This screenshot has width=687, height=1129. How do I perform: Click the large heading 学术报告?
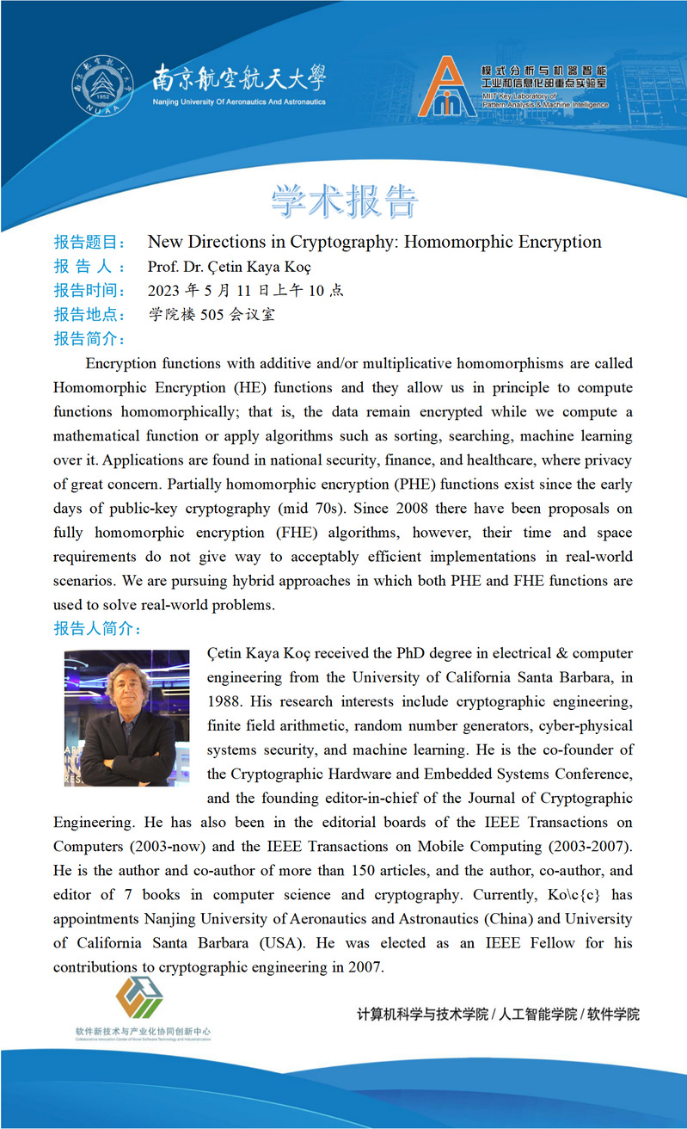(x=345, y=201)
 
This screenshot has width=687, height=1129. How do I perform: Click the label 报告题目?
(x=89, y=242)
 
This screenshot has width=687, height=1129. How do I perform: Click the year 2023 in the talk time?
(x=164, y=291)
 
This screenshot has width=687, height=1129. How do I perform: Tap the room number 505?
(x=212, y=315)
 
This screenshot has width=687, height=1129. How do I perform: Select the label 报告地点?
(x=89, y=315)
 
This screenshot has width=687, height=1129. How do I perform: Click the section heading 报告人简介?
(x=97, y=629)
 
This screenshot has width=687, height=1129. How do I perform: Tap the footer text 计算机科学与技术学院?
(x=422, y=1014)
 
